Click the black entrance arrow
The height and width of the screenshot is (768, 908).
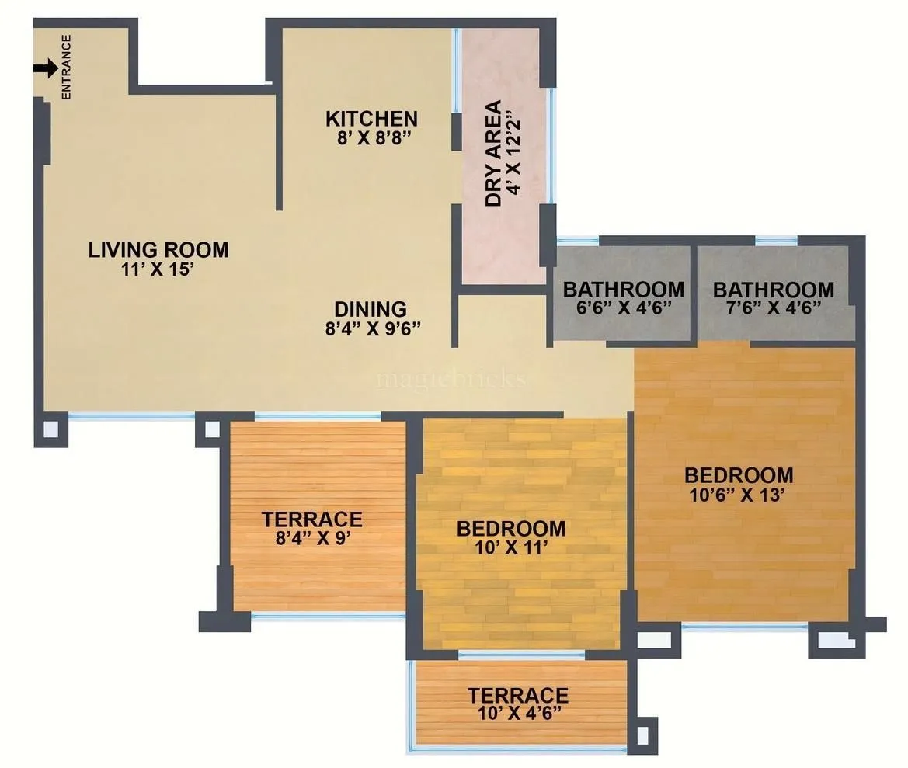click(46, 68)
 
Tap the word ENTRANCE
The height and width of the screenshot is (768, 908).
click(67, 68)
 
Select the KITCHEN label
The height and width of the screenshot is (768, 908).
click(371, 119)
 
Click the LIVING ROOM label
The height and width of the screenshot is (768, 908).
click(158, 250)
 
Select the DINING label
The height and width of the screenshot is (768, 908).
click(371, 309)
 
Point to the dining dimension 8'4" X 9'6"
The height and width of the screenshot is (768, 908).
click(373, 327)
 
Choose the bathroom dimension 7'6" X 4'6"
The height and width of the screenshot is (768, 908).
click(773, 308)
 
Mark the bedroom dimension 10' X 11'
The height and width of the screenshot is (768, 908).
click(511, 547)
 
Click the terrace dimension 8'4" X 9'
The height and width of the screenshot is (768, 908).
click(311, 537)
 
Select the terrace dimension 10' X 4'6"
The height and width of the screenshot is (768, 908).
click(517, 712)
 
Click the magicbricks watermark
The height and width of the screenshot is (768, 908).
click(451, 379)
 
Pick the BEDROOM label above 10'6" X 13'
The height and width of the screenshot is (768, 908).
click(739, 474)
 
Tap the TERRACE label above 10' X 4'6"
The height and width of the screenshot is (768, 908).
click(517, 695)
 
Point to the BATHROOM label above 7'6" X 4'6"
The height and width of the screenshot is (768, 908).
click(774, 290)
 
